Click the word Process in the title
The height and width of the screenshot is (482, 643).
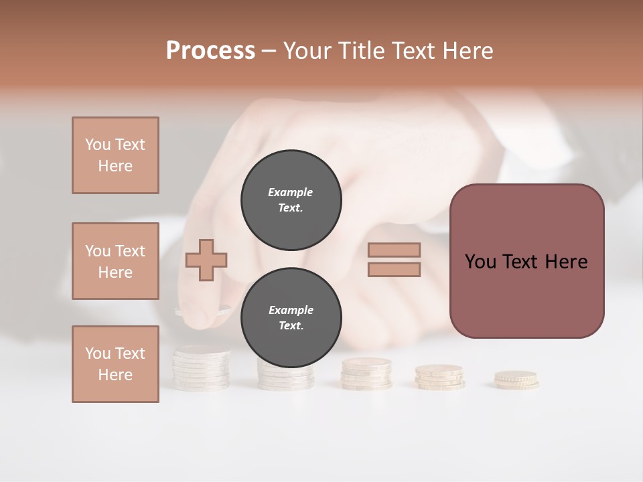pyautogui.click(x=210, y=51)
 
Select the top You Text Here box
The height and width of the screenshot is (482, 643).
pyautogui.click(x=115, y=155)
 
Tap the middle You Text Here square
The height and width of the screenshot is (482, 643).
pyautogui.click(x=115, y=261)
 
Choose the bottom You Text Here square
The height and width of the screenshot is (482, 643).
pyautogui.click(x=115, y=364)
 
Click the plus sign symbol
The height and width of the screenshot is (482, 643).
pyautogui.click(x=206, y=259)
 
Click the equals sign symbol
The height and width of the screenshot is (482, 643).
pyautogui.click(x=395, y=260)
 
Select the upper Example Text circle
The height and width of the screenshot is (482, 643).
pyautogui.click(x=291, y=200)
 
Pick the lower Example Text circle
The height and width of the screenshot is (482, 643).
pyautogui.click(x=291, y=318)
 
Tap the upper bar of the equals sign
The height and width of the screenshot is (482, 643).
pyautogui.click(x=395, y=250)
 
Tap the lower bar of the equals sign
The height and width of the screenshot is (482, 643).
pyautogui.click(x=395, y=269)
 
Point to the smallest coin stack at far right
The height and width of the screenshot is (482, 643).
pyautogui.click(x=516, y=380)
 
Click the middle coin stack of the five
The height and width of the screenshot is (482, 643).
pyautogui.click(x=366, y=374)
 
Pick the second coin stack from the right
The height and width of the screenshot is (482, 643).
pyautogui.click(x=439, y=377)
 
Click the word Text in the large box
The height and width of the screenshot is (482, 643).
pyautogui.click(x=526, y=262)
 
